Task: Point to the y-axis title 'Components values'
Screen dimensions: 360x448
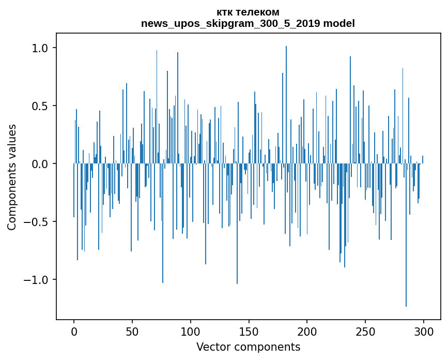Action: pyautogui.click(x=11, y=177)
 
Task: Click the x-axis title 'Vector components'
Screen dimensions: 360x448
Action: pyautogui.click(x=248, y=347)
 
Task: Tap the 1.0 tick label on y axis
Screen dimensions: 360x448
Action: pyautogui.click(x=37, y=48)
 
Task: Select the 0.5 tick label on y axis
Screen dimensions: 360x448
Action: pyautogui.click(x=37, y=106)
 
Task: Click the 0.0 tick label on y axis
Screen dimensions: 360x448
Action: pyautogui.click(x=37, y=164)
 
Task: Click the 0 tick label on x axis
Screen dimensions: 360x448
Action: pyautogui.click(x=74, y=331)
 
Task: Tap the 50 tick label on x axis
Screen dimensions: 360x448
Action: pyautogui.click(x=132, y=331)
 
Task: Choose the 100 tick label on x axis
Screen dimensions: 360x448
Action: pyautogui.click(x=191, y=331)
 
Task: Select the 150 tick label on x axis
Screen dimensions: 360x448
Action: pyautogui.click(x=249, y=331)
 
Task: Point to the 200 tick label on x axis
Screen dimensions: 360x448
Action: pyautogui.click(x=307, y=331)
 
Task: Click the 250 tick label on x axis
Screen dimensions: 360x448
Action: pyautogui.click(x=365, y=331)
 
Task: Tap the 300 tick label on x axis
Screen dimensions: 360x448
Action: pyautogui.click(x=424, y=331)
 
